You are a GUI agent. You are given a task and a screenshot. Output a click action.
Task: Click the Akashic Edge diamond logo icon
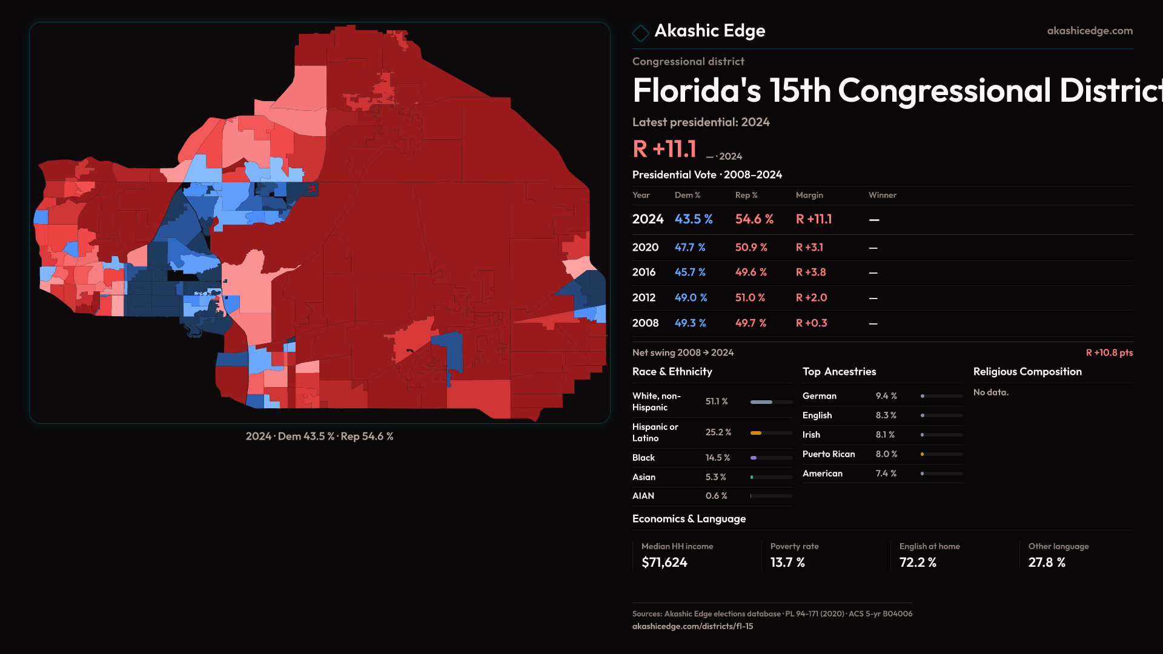coord(640,33)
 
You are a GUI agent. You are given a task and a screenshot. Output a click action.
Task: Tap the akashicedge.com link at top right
coord(1090,31)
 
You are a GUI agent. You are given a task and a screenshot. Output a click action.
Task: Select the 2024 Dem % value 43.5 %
coord(694,219)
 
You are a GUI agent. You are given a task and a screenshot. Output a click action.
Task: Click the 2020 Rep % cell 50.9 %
coord(751,248)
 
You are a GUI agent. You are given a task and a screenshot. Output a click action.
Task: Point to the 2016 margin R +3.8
coord(810,272)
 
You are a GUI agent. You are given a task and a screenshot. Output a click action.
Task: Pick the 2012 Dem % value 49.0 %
coord(691,298)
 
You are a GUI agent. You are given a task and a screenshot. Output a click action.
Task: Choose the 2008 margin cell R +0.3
coord(811,323)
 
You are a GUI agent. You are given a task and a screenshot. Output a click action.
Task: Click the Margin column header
coord(809,195)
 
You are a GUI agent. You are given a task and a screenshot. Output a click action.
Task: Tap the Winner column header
coord(882,195)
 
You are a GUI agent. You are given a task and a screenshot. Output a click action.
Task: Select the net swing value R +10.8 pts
coord(1109,352)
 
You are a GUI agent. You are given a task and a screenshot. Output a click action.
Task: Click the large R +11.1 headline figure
coord(664,149)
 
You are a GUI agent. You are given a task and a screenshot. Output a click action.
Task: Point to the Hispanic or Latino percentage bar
coord(771,433)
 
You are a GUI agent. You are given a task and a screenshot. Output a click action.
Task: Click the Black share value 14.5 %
coord(717,458)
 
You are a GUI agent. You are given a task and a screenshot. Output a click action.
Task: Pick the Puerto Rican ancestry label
coord(829,454)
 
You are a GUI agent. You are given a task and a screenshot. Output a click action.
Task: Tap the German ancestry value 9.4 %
coord(886,396)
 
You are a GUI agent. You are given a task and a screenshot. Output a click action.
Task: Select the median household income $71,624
coord(664,563)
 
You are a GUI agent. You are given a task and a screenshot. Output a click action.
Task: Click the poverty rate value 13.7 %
coord(787,563)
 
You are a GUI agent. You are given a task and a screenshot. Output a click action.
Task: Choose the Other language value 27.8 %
coord(1047,563)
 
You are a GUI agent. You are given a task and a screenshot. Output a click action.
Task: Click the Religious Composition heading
coord(1027,372)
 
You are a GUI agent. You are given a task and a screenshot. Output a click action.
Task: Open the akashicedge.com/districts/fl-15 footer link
coord(692,626)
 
